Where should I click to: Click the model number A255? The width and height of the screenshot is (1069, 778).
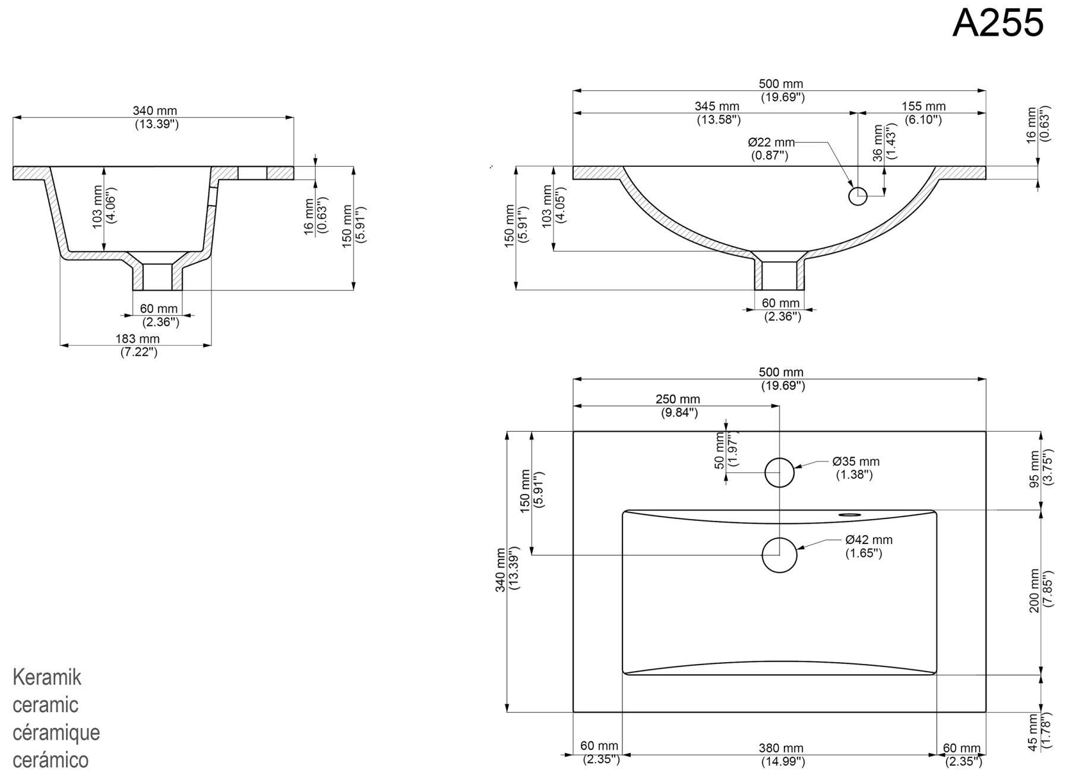[998, 23]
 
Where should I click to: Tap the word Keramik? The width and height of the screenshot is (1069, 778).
[47, 677]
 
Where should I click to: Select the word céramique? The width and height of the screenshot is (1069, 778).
[56, 732]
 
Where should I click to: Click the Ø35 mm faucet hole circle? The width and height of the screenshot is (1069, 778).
[779, 473]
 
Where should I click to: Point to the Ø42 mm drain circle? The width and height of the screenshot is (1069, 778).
[779, 555]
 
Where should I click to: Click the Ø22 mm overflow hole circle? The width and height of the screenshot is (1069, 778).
[858, 195]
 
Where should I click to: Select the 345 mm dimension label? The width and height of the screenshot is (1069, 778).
[717, 106]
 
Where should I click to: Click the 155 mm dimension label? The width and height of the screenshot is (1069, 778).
[923, 106]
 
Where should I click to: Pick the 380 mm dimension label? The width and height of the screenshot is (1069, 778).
[781, 748]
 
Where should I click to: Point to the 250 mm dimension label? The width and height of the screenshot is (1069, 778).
[678, 400]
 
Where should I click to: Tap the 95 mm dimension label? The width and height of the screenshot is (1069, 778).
[1035, 469]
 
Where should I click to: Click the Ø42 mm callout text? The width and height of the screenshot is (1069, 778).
[869, 540]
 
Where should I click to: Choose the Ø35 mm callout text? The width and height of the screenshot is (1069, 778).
[856, 461]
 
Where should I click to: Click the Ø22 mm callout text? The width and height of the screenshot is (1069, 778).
[771, 143]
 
